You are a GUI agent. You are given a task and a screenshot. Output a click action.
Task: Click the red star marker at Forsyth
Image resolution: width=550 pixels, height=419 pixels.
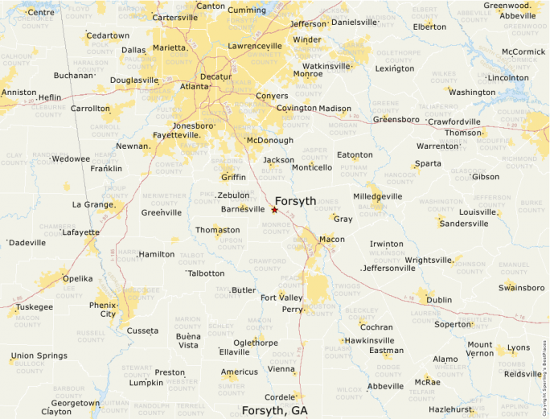(x=274, y=210)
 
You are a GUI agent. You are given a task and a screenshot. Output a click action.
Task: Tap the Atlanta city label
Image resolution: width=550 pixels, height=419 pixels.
(x=194, y=86)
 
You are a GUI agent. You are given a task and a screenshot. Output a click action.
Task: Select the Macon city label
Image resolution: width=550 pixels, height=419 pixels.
(x=331, y=240)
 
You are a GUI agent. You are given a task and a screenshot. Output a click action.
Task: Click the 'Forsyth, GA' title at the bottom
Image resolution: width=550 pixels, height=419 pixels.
(x=275, y=411)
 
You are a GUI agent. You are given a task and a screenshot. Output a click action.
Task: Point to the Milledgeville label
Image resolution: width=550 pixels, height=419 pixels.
(x=377, y=196)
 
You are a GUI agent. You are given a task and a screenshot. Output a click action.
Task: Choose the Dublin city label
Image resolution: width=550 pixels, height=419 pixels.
(x=439, y=300)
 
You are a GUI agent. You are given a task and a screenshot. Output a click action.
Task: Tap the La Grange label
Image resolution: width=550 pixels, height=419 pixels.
(x=92, y=204)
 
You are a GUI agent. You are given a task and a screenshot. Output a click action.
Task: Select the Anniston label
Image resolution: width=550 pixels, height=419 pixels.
(x=18, y=92)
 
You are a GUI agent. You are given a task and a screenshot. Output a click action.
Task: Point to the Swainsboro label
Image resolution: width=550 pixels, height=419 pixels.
(x=521, y=288)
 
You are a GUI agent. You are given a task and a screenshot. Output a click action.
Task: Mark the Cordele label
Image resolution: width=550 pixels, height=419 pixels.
(x=280, y=397)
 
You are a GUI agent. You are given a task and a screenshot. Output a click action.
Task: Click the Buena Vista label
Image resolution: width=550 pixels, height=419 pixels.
(x=187, y=340)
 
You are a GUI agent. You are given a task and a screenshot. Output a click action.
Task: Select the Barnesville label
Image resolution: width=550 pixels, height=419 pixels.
(x=242, y=209)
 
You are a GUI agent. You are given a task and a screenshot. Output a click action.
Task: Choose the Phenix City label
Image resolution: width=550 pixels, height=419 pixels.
(x=102, y=310)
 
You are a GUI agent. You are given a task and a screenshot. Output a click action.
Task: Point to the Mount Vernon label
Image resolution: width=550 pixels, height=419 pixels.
(x=480, y=349)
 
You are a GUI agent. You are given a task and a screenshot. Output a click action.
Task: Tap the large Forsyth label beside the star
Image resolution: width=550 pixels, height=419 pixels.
(x=295, y=201)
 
